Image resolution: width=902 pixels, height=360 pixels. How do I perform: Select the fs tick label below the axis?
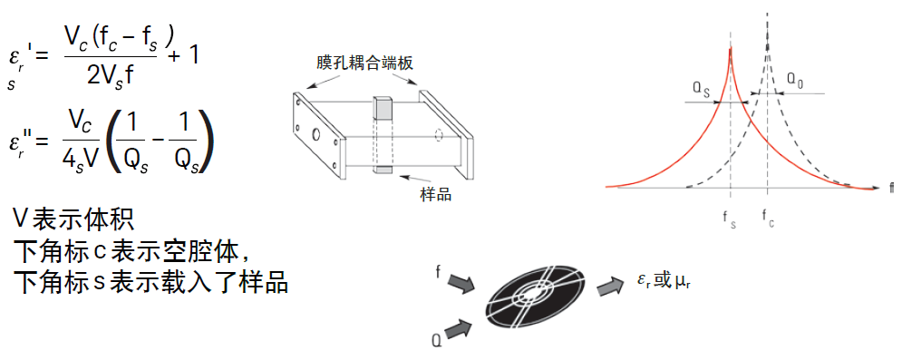click(729, 217)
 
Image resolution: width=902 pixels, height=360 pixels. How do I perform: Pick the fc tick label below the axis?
click(768, 217)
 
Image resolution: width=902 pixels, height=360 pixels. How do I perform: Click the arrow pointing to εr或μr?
click(608, 287)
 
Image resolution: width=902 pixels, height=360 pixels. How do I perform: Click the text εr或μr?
click(664, 282)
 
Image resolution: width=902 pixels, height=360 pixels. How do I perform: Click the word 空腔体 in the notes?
click(205, 249)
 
